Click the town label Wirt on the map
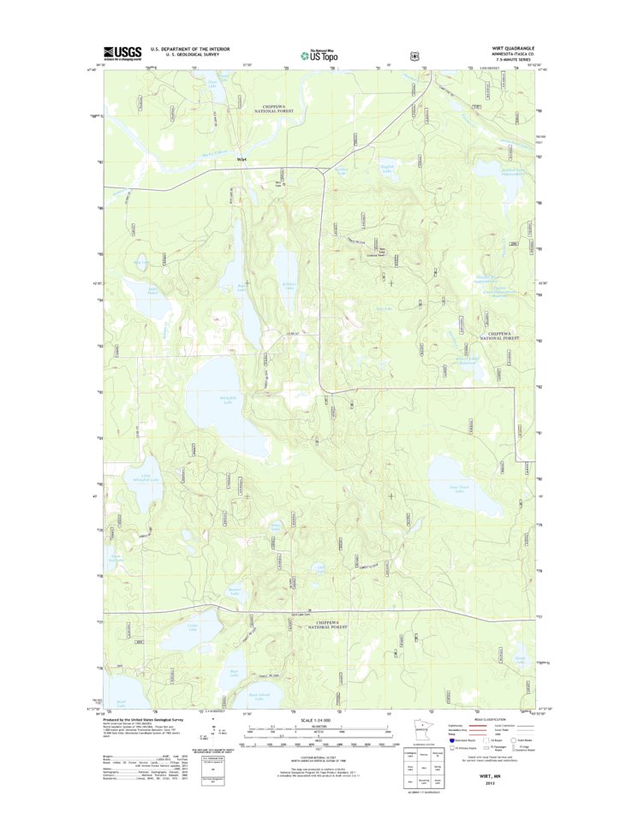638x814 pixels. (x=242, y=158)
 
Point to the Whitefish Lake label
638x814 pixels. (x=228, y=401)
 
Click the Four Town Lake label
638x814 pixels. (x=458, y=489)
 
